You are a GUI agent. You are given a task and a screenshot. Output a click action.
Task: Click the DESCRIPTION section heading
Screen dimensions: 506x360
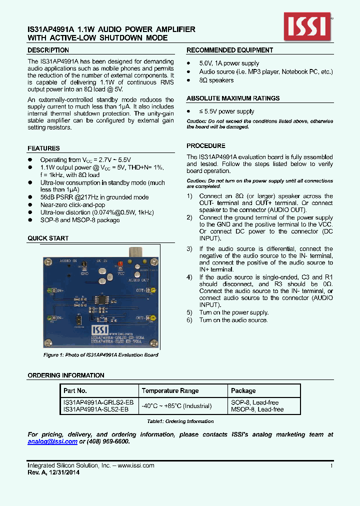[x=48, y=50]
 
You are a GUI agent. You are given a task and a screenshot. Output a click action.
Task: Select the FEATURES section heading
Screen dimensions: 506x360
[x=43, y=148]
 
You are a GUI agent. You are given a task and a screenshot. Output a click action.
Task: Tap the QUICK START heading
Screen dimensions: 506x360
[x=48, y=238]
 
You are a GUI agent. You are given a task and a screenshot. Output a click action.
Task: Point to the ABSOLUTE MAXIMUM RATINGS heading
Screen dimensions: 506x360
[x=233, y=98]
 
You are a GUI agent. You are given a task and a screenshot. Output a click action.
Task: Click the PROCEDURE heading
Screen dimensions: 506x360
[x=205, y=146]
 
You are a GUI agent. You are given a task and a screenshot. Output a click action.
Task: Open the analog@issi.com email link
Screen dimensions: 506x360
[x=52, y=441]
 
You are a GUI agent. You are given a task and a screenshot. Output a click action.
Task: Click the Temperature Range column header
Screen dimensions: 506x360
[x=170, y=390]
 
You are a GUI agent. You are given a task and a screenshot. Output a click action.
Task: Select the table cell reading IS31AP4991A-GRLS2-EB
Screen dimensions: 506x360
[x=98, y=402]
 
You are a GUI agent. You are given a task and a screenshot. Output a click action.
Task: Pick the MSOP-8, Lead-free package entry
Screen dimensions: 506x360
[x=257, y=409]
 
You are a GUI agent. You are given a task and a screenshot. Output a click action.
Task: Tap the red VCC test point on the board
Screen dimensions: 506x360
[x=120, y=265]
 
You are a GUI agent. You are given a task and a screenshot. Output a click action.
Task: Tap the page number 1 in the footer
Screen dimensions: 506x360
[x=331, y=465]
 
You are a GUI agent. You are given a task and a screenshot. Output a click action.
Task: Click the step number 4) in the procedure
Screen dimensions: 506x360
[x=189, y=277]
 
